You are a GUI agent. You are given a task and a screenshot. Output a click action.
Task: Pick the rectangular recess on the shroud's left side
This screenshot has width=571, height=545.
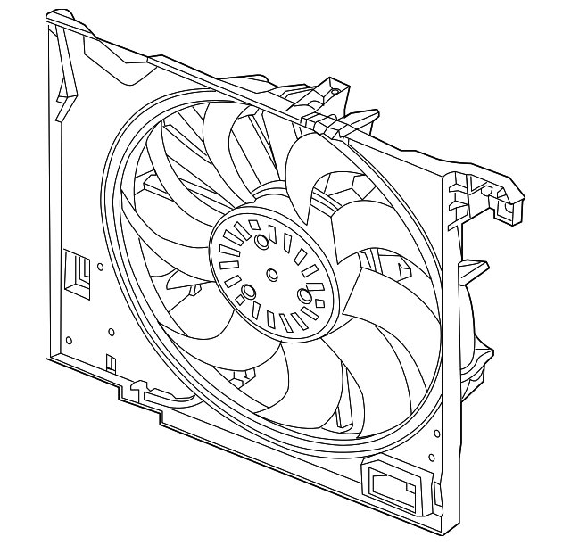[x=77, y=271]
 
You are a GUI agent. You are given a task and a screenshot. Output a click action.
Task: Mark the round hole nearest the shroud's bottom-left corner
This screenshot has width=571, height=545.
[x=69, y=339]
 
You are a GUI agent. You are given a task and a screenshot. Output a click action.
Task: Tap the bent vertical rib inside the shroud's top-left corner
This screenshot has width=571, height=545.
[x=64, y=85]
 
